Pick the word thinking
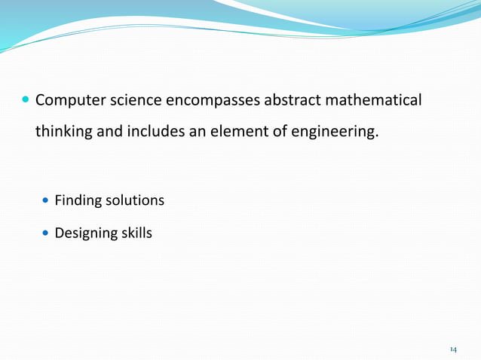(x=63, y=132)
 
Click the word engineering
(x=335, y=132)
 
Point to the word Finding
(x=78, y=201)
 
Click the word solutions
(x=134, y=201)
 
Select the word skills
(x=136, y=233)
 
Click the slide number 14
(x=453, y=349)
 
